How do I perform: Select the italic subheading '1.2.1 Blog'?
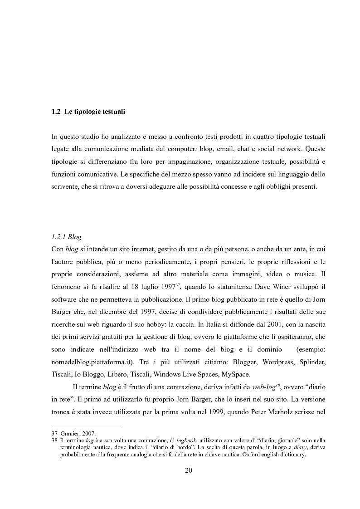click(x=67, y=236)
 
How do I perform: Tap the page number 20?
click(x=189, y=470)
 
